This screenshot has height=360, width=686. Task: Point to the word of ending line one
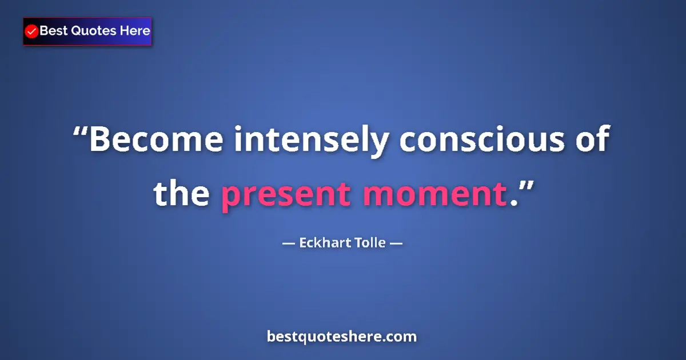[590, 141]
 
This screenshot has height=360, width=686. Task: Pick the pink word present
[286, 194]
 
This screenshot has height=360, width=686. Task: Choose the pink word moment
[435, 194]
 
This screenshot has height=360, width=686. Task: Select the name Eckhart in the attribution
[322, 243]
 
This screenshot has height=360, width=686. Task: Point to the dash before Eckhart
[289, 243]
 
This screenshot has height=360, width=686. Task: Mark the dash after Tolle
[396, 243]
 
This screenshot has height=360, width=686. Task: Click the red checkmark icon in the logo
[32, 31]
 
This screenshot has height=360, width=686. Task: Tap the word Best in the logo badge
[53, 31]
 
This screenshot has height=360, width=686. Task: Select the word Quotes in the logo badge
[93, 31]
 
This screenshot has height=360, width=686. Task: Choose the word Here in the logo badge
[135, 31]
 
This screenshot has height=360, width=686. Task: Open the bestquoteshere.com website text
[342, 337]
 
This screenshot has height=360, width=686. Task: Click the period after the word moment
[512, 202]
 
